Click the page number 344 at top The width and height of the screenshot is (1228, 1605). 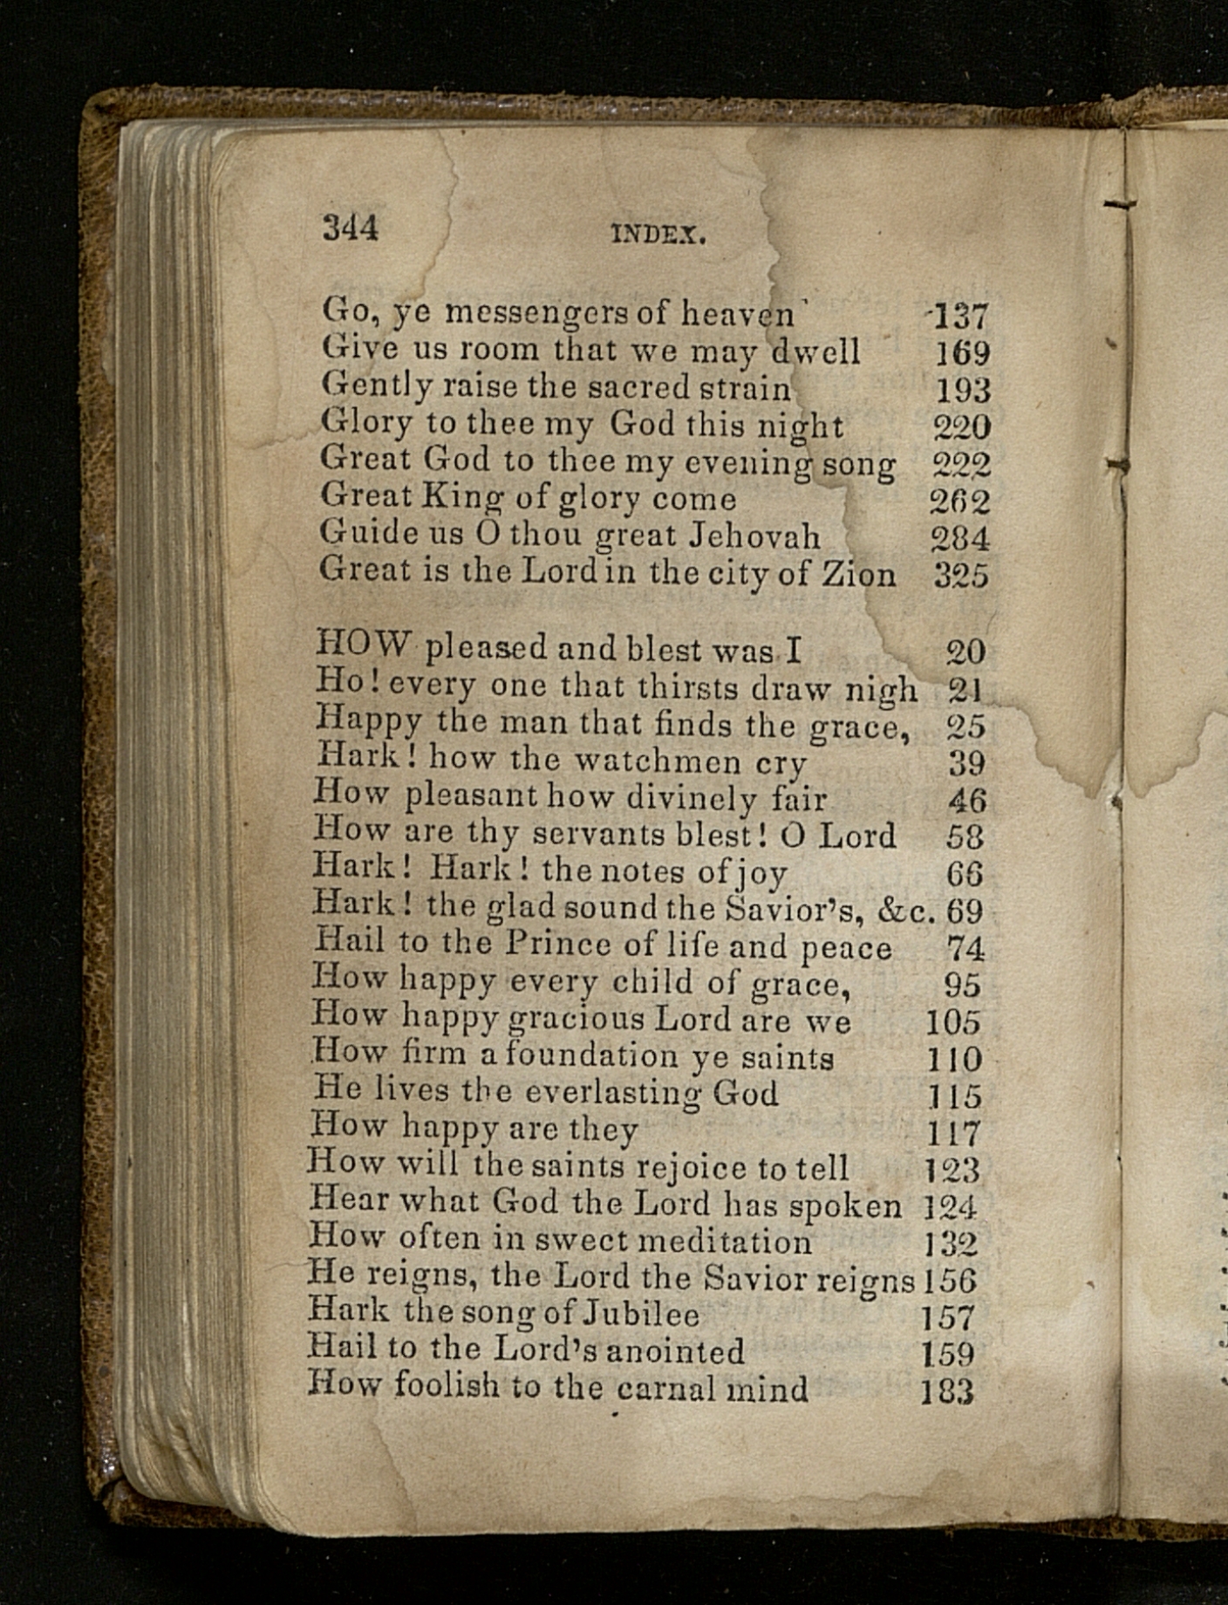[351, 229]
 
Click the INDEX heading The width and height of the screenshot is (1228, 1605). [658, 234]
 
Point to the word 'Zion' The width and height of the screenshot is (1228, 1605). [860, 575]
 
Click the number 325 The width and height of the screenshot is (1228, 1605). [961, 576]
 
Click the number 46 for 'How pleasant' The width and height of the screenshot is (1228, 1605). [965, 800]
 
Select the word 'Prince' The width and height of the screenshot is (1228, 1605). [559, 945]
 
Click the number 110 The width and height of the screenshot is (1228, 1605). [954, 1060]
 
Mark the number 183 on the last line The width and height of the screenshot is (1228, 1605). [947, 1391]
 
